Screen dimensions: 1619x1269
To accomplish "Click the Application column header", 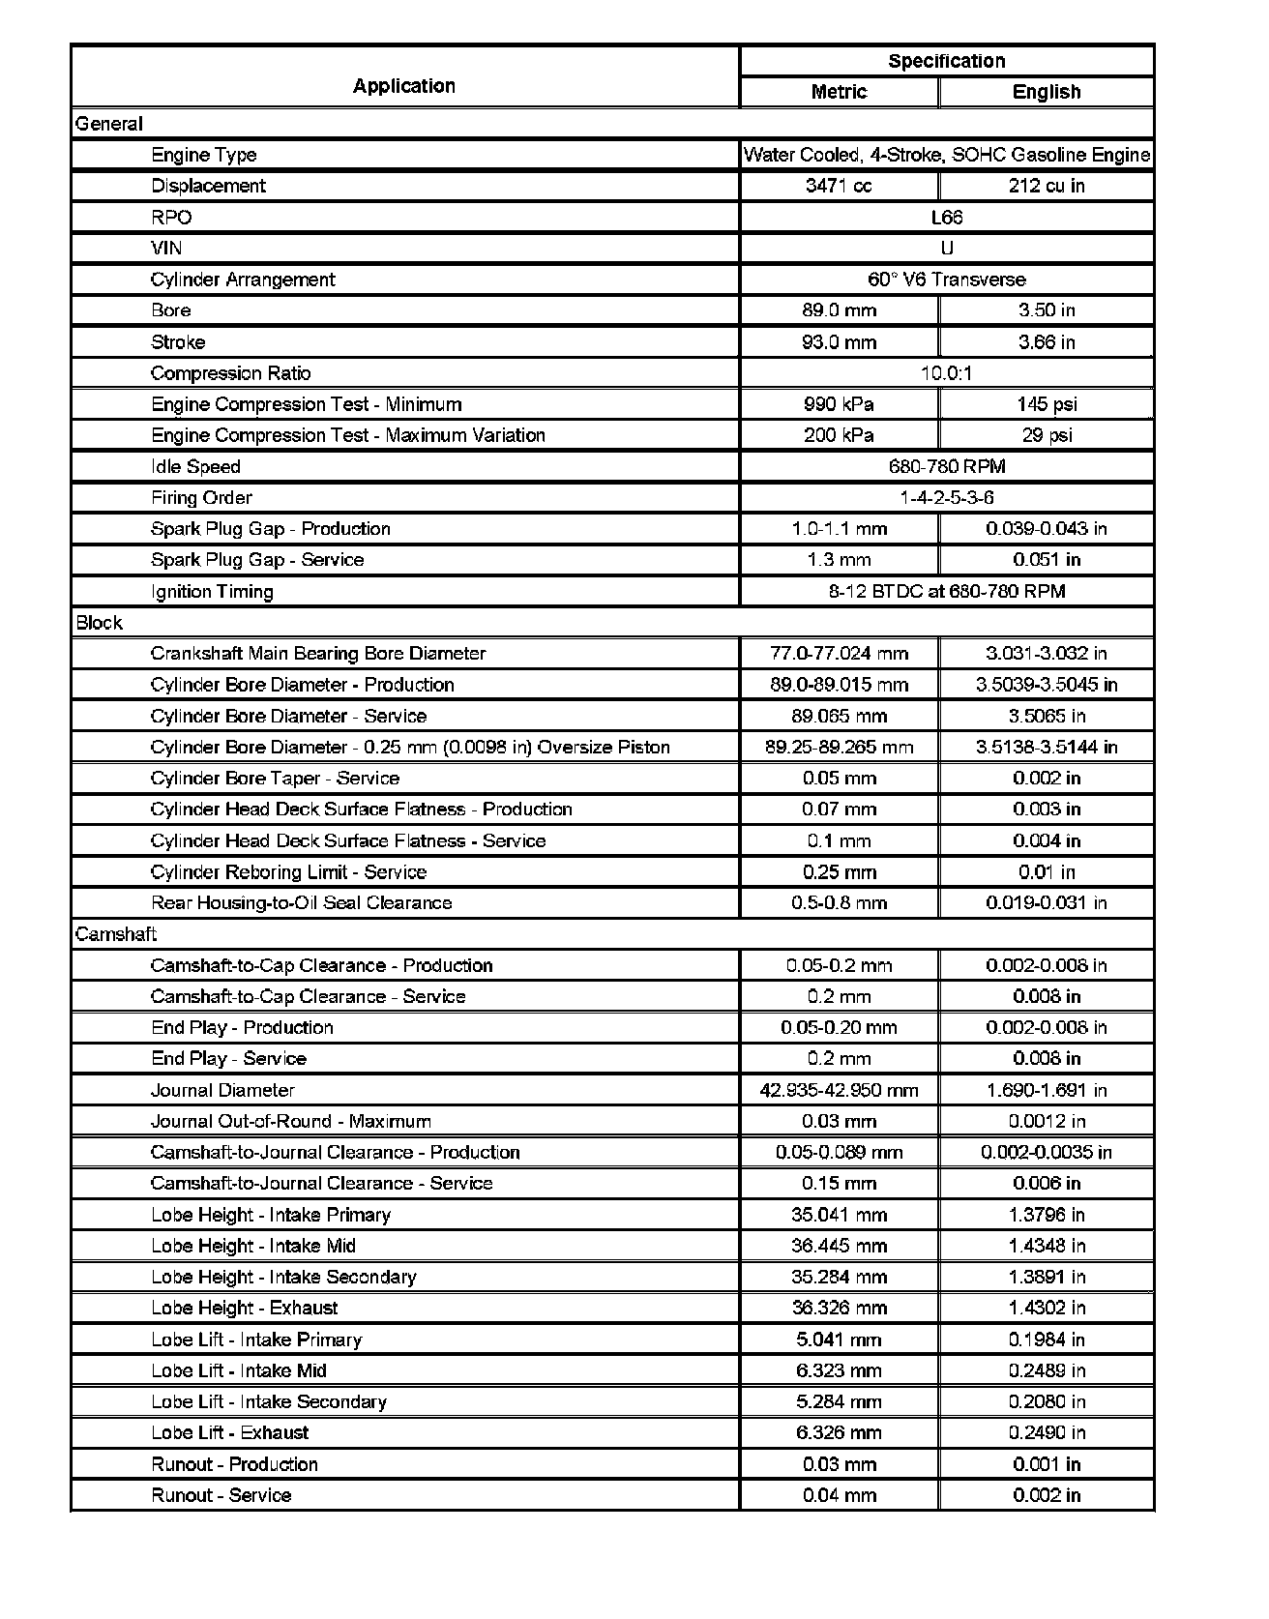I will pyautogui.click(x=403, y=86).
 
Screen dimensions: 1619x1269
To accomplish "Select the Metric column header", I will pyautogui.click(x=839, y=92).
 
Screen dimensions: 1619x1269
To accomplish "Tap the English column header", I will pyautogui.click(x=1046, y=92).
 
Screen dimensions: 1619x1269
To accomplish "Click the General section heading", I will pyautogui.click(x=109, y=124).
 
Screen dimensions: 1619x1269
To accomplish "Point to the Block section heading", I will pyautogui.click(x=100, y=623).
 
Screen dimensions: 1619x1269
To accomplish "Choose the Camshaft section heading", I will pyautogui.click(x=116, y=934).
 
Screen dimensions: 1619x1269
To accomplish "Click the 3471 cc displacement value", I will pyautogui.click(x=839, y=186).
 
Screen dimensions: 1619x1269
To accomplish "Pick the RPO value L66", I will pyautogui.click(x=946, y=218).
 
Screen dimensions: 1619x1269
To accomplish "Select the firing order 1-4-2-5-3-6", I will pyautogui.click(x=946, y=498).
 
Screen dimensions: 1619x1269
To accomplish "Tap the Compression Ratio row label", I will pyautogui.click(x=231, y=373).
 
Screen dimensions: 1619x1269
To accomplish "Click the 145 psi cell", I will pyautogui.click(x=1046, y=404).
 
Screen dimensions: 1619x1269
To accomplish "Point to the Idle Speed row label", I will pyautogui.click(x=195, y=467).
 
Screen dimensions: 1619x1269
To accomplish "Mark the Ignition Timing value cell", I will pyautogui.click(x=946, y=591).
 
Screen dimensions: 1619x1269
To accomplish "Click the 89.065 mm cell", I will pyautogui.click(x=839, y=717).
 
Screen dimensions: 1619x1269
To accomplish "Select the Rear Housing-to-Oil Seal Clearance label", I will pyautogui.click(x=302, y=903).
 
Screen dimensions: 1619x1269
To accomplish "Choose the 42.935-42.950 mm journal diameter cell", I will pyautogui.click(x=839, y=1091).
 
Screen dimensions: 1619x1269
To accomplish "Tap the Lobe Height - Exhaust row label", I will pyautogui.click(x=245, y=1309).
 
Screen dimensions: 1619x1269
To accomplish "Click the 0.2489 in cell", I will pyautogui.click(x=1046, y=1370).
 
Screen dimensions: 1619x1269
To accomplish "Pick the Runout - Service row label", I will pyautogui.click(x=221, y=1495).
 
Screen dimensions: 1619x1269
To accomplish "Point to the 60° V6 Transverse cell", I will pyautogui.click(x=946, y=280).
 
